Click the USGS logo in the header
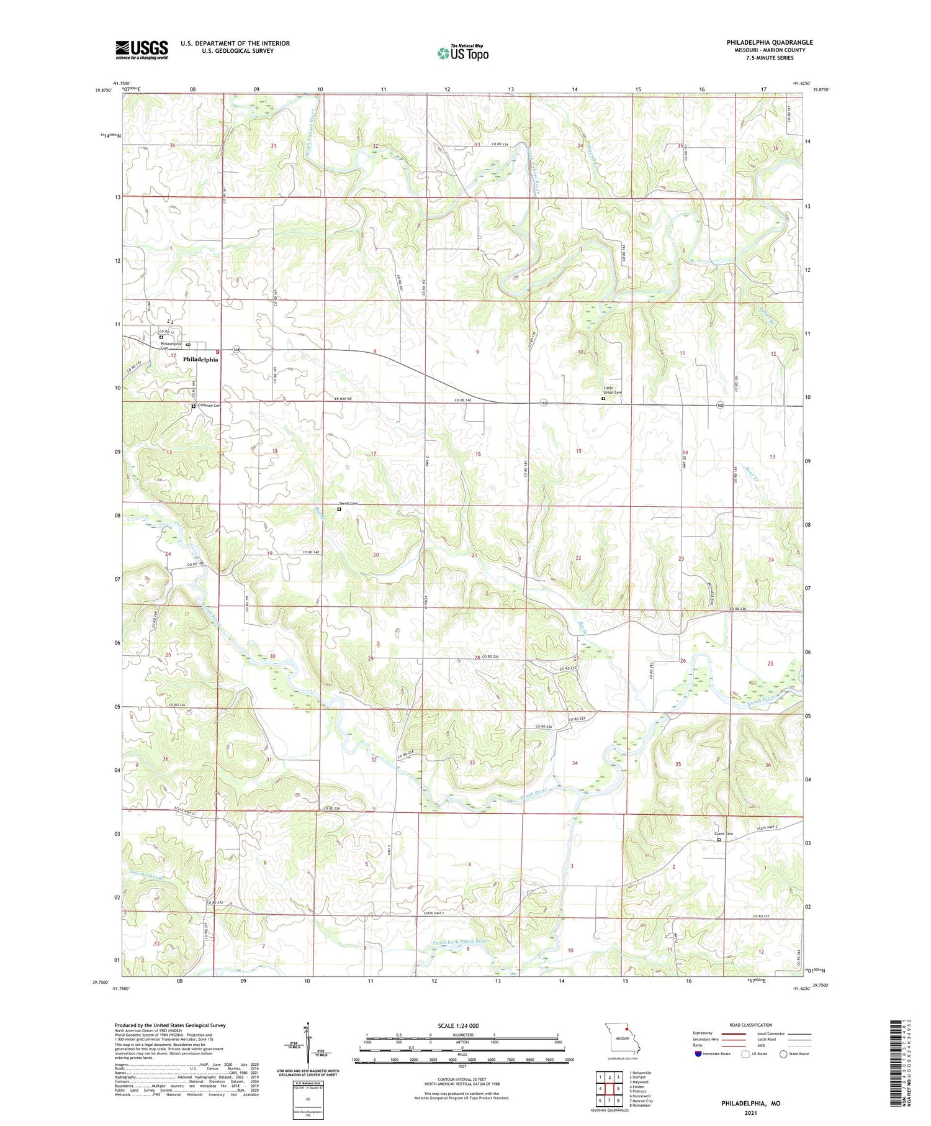point(142,49)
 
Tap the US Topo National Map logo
point(463,53)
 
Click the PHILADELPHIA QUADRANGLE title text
point(770,42)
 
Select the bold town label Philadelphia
point(200,360)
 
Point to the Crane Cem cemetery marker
point(719,840)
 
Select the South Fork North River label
point(460,942)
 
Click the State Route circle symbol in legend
point(783,1054)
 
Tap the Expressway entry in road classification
point(706,1033)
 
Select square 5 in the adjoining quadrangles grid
point(618,1088)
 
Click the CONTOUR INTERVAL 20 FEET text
point(462,1079)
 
